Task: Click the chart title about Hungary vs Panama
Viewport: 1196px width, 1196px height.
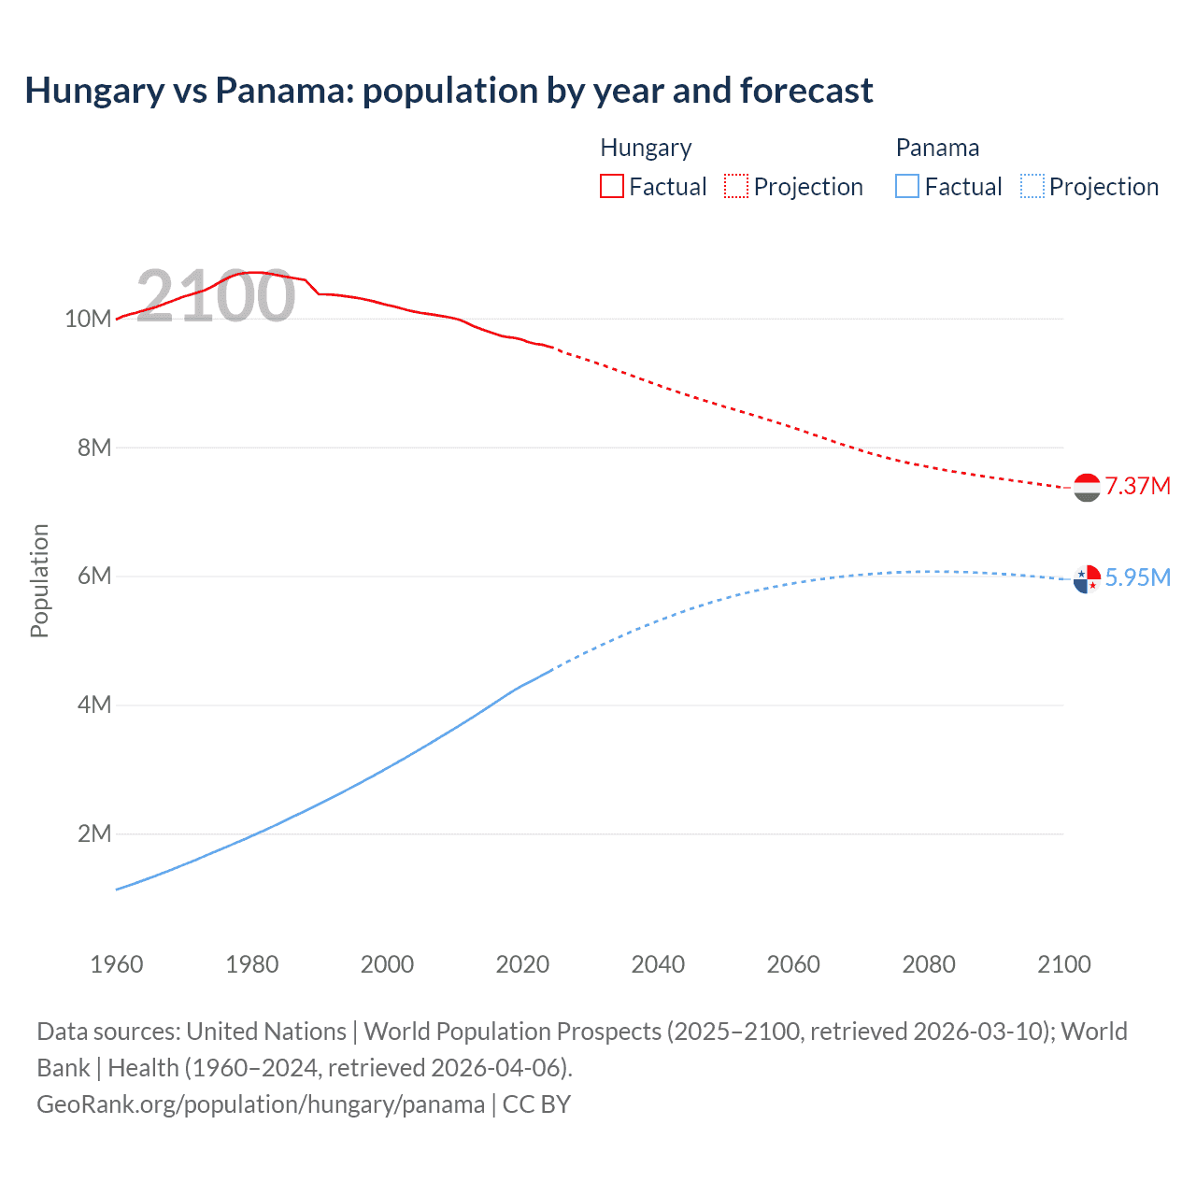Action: click(448, 91)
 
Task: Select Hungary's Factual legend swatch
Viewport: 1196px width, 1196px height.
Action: click(611, 186)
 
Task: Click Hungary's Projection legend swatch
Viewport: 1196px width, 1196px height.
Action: click(735, 186)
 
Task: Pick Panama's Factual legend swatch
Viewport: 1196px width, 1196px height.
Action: click(906, 186)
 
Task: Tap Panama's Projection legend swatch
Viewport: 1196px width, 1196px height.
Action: click(1032, 186)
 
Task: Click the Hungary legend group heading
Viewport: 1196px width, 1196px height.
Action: click(646, 148)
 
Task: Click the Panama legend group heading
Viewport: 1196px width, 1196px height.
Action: click(937, 148)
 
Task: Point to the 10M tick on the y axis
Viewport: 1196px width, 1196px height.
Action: click(88, 319)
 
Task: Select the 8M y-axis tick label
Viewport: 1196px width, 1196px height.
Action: click(93, 448)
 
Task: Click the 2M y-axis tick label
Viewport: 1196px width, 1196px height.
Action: click(93, 833)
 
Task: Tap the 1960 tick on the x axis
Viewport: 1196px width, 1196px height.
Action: click(117, 964)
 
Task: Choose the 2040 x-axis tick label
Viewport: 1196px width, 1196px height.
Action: click(658, 964)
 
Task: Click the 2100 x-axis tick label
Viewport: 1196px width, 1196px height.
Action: click(1063, 964)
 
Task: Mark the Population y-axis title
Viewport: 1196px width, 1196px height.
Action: click(39, 580)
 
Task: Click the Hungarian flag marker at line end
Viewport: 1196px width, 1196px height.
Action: click(1087, 487)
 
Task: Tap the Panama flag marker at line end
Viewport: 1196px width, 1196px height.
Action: click(1087, 579)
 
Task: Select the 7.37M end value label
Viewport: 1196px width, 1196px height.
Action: click(1137, 486)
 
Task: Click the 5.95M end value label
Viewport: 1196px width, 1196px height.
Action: click(1137, 577)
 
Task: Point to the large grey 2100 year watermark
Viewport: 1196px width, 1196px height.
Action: click(216, 296)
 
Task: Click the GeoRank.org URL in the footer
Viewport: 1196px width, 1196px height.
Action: click(261, 1104)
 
